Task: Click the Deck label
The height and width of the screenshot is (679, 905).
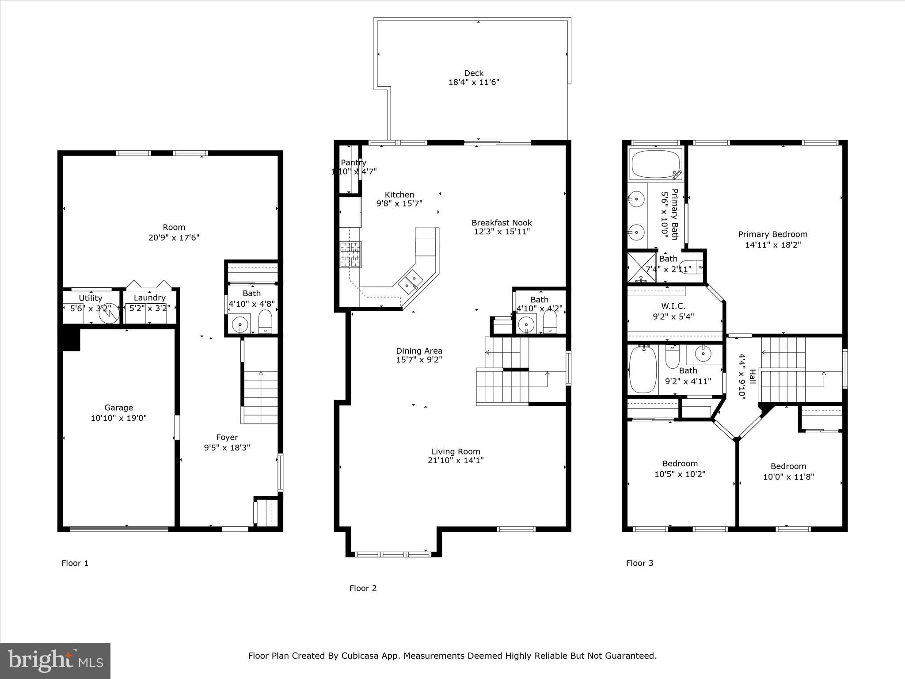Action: coord(473,73)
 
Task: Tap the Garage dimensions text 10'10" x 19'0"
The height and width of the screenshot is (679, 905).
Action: coord(118,418)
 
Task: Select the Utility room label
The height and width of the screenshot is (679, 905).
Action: coord(90,298)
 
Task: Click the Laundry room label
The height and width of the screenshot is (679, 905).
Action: coord(149,298)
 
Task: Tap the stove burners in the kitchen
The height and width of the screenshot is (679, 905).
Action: coord(350,254)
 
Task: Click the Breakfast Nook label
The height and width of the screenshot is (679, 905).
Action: coord(502,223)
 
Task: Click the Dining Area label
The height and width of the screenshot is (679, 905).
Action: coord(419,351)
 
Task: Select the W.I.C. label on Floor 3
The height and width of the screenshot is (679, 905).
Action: coord(673,306)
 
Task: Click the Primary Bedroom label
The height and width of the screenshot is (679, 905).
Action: coord(772,234)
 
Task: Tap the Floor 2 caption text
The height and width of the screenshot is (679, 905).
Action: coord(363,588)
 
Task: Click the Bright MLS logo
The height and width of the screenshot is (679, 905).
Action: coord(55,660)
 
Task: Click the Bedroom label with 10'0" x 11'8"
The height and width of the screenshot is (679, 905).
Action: coord(788,466)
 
